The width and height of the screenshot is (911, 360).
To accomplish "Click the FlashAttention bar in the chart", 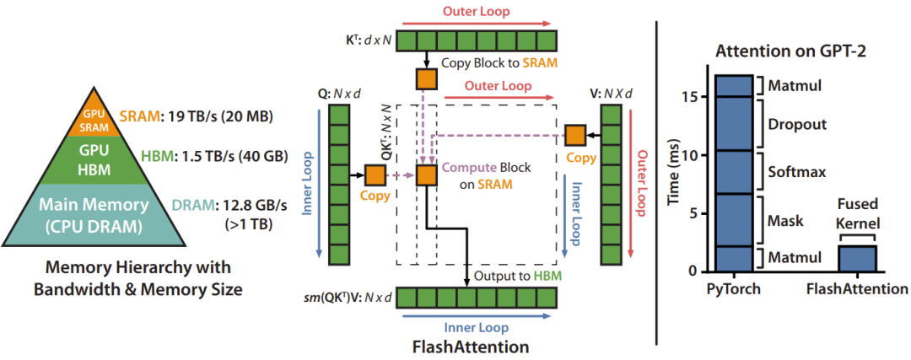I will coord(857,258).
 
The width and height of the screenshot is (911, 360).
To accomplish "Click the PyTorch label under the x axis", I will coord(734,288).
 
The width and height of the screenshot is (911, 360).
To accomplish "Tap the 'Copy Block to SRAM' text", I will coord(499,63).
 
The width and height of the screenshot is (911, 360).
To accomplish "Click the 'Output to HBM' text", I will coord(518,275).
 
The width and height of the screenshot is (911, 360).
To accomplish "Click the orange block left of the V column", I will coord(576,136).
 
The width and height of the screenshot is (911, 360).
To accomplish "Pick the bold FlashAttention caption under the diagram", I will coord(470,346).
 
